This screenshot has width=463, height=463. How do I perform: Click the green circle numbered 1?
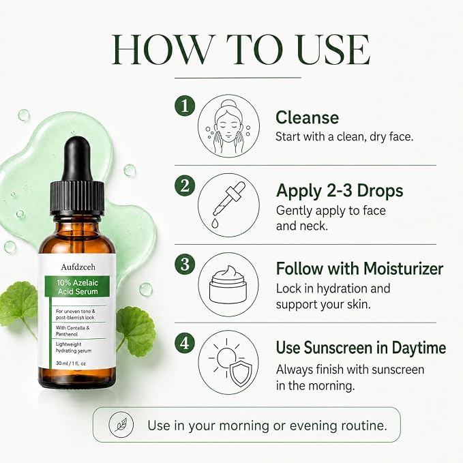point(185,106)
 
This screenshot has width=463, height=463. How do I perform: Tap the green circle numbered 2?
point(185,185)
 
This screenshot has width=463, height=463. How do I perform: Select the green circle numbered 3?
point(185,264)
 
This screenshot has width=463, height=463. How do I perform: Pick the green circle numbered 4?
point(185,343)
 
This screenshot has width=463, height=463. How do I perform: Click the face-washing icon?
point(228,125)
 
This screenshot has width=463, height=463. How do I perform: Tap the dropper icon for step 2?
point(228,205)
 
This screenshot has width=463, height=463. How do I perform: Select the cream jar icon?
point(228,284)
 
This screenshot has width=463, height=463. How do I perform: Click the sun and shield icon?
point(228,363)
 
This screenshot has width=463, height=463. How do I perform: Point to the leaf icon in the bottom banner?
point(121,425)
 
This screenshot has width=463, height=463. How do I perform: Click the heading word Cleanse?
point(307,117)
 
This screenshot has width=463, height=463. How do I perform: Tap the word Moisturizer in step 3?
point(403,269)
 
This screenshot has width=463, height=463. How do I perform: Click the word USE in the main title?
point(333,49)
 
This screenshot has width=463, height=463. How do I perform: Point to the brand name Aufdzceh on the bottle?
point(78,267)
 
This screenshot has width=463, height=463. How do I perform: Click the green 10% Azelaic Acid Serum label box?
point(77,286)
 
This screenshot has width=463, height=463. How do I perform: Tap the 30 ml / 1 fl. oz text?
point(71,363)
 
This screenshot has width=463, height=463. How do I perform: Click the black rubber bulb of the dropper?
point(77,159)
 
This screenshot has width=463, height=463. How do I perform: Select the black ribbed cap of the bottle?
point(77,198)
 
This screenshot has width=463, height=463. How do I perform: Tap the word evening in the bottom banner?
point(313,425)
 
